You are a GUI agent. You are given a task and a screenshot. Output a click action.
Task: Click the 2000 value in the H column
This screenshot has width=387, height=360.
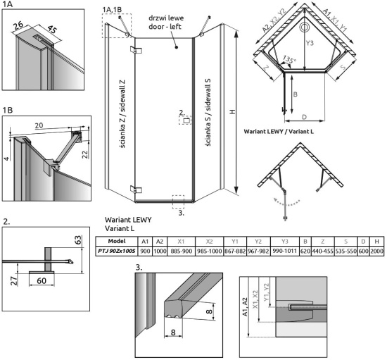click(x=376, y=251)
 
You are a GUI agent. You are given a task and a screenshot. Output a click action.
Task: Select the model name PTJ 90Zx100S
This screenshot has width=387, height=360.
click(x=117, y=251)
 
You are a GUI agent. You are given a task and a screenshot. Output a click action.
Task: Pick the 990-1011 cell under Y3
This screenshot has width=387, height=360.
click(x=284, y=251)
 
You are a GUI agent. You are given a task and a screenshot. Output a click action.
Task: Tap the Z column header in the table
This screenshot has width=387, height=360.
click(x=322, y=242)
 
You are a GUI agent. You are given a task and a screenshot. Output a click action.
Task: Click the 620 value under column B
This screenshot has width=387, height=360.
click(x=305, y=251)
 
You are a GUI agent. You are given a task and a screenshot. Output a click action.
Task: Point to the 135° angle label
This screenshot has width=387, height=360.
click(x=289, y=60)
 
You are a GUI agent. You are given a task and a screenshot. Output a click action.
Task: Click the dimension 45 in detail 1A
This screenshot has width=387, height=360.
click(x=52, y=30)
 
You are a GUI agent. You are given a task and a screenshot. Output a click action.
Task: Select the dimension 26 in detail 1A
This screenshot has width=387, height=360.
click(x=18, y=25)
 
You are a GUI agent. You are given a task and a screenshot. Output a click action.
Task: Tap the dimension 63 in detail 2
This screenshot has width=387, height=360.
click(x=77, y=240)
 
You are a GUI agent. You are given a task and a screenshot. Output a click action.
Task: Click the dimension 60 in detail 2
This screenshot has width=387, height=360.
click(x=42, y=280)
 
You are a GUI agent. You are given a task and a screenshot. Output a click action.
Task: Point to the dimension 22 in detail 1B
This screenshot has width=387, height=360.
click(x=85, y=154)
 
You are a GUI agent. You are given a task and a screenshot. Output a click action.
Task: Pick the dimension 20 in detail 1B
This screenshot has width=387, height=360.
click(x=39, y=125)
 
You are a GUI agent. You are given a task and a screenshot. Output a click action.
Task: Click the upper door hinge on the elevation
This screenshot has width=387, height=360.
click(x=136, y=50)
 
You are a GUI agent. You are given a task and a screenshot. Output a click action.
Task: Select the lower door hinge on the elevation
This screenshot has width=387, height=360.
click(x=136, y=190)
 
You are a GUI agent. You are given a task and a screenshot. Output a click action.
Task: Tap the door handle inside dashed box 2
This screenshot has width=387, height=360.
click(x=186, y=120)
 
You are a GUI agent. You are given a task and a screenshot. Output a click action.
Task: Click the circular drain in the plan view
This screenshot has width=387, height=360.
click(x=304, y=27)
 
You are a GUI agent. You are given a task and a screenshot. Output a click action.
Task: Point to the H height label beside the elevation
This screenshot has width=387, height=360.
click(x=232, y=112)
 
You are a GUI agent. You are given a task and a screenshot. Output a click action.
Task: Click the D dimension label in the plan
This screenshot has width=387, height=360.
click(x=304, y=117)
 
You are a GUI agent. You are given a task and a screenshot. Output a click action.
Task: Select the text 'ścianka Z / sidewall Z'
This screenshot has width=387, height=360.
click(x=122, y=113)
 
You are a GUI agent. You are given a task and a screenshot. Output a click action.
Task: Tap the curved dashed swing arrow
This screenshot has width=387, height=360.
click(x=286, y=204)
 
